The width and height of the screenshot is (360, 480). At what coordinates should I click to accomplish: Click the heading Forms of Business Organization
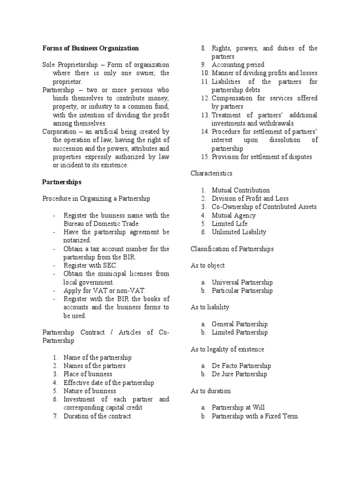[90, 48]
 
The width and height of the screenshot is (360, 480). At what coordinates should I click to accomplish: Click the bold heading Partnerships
[62, 181]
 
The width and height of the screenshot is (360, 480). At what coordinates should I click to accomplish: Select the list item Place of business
[88, 374]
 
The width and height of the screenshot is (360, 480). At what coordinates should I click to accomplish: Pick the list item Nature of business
[90, 391]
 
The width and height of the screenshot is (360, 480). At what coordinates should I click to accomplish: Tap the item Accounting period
[238, 65]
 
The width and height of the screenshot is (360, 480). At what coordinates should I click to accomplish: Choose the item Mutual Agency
[233, 215]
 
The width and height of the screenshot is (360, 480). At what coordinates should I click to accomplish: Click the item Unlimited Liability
[239, 232]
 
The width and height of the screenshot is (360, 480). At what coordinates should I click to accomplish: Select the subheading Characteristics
[211, 173]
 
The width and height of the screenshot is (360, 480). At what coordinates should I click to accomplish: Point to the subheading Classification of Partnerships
[232, 248]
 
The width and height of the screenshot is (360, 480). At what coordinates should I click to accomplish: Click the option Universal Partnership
[242, 282]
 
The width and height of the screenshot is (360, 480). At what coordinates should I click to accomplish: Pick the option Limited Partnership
[240, 332]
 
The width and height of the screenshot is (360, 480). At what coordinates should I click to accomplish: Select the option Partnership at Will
[238, 407]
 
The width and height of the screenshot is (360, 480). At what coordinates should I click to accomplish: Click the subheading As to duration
[210, 391]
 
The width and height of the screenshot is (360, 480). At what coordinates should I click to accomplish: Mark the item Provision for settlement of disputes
[262, 157]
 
